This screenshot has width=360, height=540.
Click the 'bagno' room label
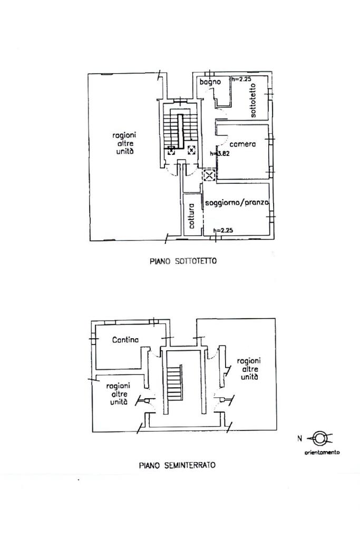210,82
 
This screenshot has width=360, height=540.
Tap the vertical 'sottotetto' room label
253,100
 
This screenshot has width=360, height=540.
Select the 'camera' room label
242,144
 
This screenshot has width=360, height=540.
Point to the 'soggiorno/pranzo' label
237,202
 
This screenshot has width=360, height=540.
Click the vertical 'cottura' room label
192,216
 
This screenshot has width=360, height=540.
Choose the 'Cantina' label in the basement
125,340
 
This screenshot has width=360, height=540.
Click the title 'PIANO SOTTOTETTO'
183,261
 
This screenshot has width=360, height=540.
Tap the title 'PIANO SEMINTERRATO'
177,465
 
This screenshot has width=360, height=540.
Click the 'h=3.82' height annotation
219,154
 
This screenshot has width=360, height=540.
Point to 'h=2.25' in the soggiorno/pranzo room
223,230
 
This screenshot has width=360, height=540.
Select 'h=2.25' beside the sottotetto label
241,79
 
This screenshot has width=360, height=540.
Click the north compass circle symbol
319,438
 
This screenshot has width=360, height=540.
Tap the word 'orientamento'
322,452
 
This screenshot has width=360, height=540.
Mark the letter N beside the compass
300,438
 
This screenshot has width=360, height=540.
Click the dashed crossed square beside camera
209,175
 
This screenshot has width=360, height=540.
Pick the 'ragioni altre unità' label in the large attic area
124,143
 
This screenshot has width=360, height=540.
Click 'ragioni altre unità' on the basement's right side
249,368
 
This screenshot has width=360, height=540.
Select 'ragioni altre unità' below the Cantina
118,394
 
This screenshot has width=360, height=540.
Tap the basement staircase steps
174,383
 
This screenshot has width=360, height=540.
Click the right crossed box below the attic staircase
191,150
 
